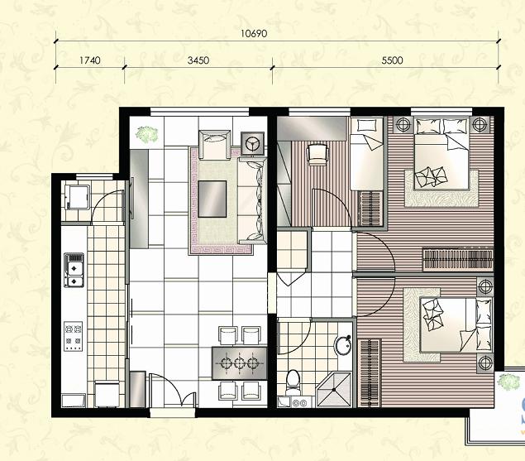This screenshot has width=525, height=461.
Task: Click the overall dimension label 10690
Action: (254, 34)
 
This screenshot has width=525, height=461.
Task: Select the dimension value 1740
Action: (90, 60)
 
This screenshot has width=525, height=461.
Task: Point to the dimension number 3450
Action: (198, 60)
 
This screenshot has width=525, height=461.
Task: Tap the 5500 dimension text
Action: (392, 60)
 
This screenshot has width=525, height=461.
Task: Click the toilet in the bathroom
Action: (294, 382)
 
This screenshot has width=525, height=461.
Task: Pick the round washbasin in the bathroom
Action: (343, 344)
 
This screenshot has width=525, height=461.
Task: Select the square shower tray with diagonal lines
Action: (334, 389)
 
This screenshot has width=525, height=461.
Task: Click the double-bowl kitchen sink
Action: (74, 271)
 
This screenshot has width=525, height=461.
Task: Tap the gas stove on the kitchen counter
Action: (74, 336)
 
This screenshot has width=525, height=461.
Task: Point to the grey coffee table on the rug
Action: (212, 199)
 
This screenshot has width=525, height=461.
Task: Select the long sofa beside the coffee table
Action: (252, 200)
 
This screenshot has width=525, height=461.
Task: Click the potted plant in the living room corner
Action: (146, 133)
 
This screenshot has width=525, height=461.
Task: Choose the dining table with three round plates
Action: (240, 363)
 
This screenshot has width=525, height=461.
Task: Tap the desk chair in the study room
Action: (317, 154)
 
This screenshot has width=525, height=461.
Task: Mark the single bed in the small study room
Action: (367, 154)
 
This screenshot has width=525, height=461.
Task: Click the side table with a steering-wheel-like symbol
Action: (252, 143)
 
